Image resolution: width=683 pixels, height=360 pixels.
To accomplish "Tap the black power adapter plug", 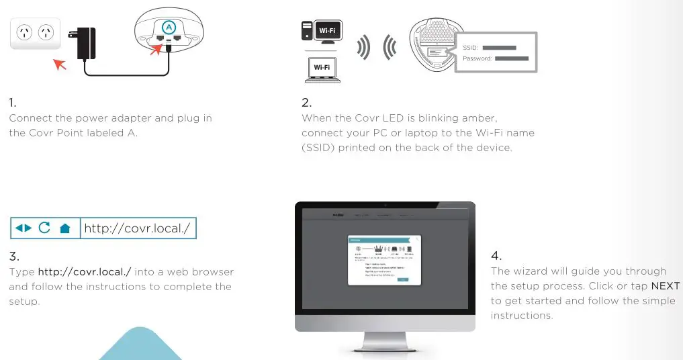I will (86, 43).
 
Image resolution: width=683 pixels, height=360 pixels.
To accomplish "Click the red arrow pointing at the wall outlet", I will (59, 64).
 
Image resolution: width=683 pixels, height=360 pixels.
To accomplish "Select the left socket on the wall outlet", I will (24, 32).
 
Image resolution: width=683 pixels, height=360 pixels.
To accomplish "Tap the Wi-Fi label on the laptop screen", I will (322, 67).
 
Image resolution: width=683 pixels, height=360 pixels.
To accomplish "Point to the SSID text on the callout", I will (470, 48).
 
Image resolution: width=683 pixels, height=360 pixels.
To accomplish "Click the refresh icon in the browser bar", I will (44, 228).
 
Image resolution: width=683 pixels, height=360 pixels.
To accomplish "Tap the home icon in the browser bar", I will (65, 228).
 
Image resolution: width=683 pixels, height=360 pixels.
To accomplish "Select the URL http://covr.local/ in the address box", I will (138, 228).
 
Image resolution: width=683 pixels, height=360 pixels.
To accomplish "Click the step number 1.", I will (12, 103).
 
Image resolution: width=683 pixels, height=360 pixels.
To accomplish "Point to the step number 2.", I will (306, 103).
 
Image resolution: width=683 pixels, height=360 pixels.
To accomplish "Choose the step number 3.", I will (14, 256).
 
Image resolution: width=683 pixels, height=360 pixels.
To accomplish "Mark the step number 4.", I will (496, 256).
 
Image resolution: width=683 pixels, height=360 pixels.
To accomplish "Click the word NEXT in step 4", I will (665, 286).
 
